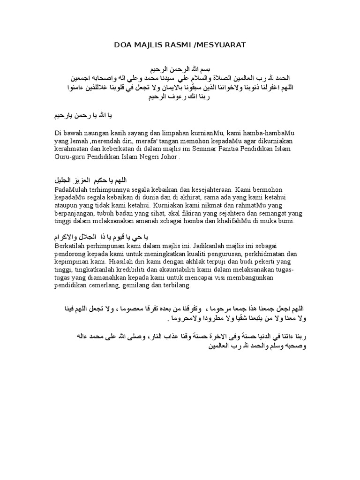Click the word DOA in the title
(x=123, y=45)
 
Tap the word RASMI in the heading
(x=176, y=45)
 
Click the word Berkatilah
(x=70, y=245)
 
